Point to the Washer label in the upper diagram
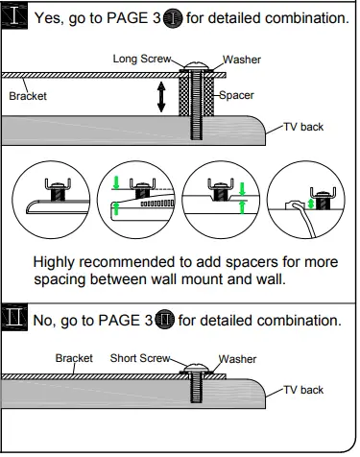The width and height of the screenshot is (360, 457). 241,60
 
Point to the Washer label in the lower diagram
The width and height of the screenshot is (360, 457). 237,358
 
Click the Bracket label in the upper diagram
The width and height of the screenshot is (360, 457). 28,96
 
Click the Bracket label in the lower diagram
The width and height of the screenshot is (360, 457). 74,357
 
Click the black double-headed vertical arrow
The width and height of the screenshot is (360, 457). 161,97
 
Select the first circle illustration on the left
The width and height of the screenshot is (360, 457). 54,200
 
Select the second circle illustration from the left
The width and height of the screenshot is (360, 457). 138,200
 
